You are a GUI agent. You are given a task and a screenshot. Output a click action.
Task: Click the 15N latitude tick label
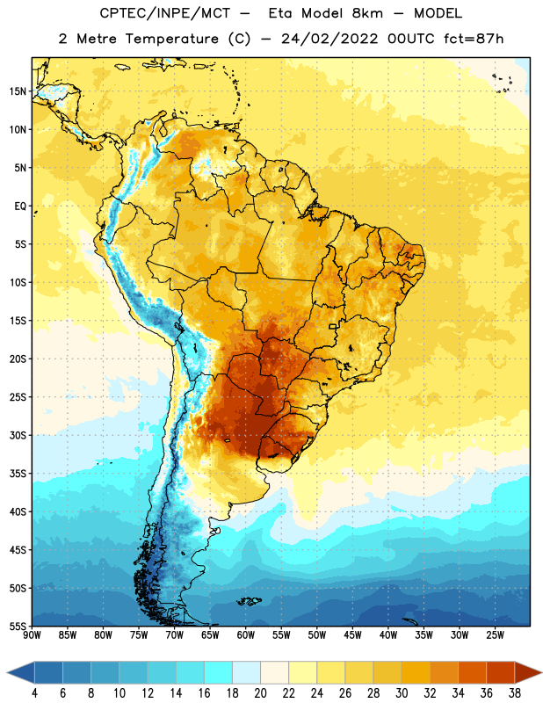point(18,91)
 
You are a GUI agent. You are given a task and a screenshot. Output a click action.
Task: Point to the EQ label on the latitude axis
point(20,207)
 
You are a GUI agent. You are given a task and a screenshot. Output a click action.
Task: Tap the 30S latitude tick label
point(18,435)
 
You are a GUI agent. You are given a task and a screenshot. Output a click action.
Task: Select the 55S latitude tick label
point(18,627)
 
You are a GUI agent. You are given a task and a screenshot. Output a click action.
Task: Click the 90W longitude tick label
point(32,635)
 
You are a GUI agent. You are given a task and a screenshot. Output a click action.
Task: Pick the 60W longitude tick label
point(246,635)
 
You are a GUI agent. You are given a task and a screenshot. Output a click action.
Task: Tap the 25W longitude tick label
point(495,635)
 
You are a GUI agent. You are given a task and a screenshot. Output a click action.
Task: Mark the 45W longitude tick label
point(352,635)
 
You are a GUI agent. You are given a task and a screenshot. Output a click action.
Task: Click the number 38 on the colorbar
point(515,693)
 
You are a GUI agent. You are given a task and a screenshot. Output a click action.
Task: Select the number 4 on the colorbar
point(34,693)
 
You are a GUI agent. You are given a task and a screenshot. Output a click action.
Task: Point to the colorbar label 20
point(260,693)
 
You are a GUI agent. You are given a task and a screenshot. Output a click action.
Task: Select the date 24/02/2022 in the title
point(329,39)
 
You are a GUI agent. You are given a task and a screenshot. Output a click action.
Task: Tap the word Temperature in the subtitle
point(171,39)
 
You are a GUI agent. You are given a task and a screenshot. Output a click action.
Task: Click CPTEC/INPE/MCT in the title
point(165,13)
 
